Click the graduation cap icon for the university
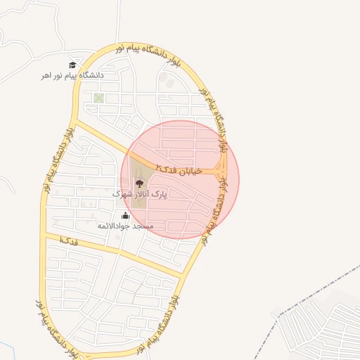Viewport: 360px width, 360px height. pos(72,65)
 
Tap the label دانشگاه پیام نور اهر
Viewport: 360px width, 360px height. pos(72,75)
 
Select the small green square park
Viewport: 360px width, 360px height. pos(98,98)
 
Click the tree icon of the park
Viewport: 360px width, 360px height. pos(138,183)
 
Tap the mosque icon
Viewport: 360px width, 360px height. pos(126,216)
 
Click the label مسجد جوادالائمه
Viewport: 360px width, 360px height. pos(126,226)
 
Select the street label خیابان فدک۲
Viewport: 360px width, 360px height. pos(179,169)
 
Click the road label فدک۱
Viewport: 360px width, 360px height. pos(68,241)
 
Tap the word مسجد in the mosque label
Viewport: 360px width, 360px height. pos(144,226)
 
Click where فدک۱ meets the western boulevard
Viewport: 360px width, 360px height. pos(44,237)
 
